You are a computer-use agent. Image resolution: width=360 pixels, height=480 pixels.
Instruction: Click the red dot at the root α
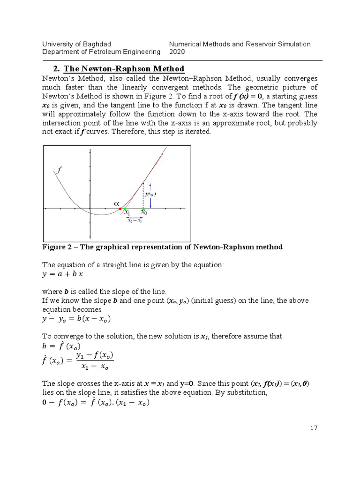point(120,209)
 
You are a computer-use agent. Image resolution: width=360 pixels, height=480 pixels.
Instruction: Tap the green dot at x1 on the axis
point(125,209)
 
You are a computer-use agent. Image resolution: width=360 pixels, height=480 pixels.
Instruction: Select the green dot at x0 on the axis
point(143,209)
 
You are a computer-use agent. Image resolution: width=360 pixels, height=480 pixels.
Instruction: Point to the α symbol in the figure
point(117,203)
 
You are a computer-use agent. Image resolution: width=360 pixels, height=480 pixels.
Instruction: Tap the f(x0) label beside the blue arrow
point(150,194)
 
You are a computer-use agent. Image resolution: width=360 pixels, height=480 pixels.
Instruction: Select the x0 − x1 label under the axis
point(135,221)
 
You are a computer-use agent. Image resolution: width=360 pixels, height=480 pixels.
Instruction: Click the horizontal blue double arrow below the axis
point(135,217)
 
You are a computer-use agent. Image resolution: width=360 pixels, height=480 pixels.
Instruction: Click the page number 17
point(314,428)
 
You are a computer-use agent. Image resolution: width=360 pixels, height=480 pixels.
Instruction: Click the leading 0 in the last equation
point(45,402)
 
